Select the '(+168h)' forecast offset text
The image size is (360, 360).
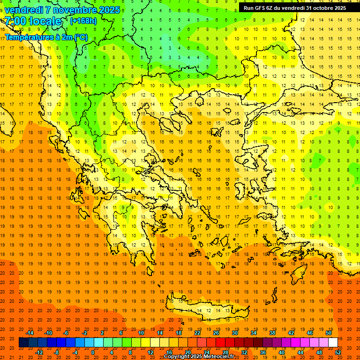click(x=83, y=21)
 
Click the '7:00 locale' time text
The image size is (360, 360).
click(x=33, y=21)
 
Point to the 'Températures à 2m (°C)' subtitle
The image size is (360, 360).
click(x=46, y=37)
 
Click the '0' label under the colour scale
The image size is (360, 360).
click(x=93, y=352)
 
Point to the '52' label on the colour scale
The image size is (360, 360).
click(x=338, y=352)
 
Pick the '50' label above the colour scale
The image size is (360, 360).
click(x=329, y=333)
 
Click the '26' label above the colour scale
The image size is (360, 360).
click(x=216, y=333)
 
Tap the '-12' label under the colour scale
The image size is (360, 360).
click(x=39, y=352)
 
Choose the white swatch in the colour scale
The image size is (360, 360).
click(x=333, y=343)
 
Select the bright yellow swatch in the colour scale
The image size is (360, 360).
click(x=145, y=343)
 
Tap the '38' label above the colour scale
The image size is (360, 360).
click(x=272, y=333)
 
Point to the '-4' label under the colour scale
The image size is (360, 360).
click(x=75, y=352)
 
